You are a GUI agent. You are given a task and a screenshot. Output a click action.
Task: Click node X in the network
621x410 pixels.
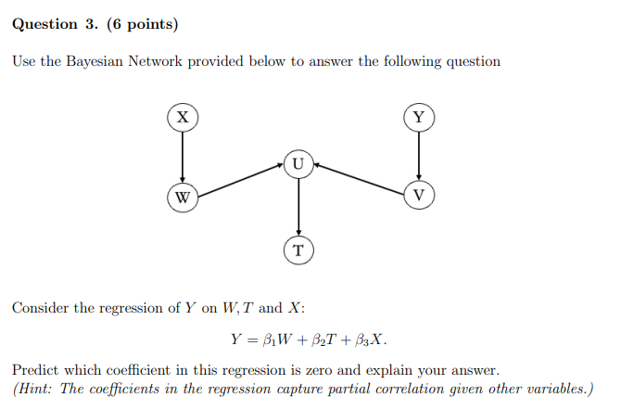pyautogui.click(x=183, y=117)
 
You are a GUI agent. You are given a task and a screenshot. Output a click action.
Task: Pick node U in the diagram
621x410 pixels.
pyautogui.click(x=298, y=164)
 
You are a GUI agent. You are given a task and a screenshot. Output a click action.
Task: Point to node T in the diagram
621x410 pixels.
pyautogui.click(x=298, y=250)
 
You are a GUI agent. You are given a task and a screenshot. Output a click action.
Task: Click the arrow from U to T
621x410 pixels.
pyautogui.click(x=298, y=206)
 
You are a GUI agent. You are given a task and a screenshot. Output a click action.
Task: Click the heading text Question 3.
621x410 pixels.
pyautogui.click(x=55, y=23)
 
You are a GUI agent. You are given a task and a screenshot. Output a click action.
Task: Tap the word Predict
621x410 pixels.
pyautogui.click(x=36, y=369)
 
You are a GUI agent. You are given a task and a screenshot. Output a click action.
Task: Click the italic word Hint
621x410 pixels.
pyautogui.click(x=36, y=389)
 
